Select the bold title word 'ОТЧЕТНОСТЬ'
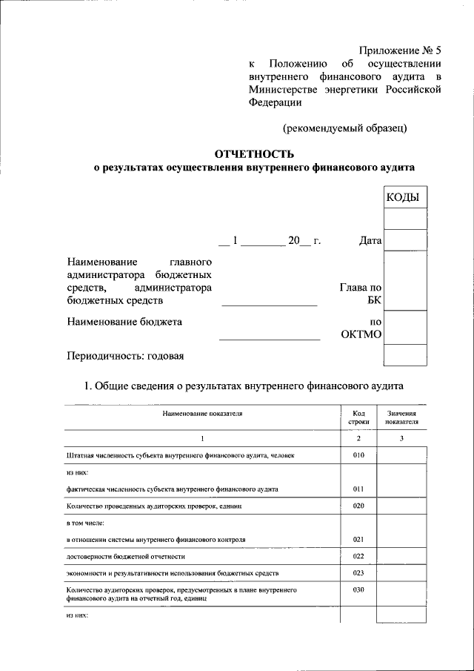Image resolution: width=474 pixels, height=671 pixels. click(254, 154)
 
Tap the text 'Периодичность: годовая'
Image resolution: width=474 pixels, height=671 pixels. click(125, 355)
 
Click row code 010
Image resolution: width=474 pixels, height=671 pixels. click(358, 455)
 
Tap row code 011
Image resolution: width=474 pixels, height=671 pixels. click(358, 489)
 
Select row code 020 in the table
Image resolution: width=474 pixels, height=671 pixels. click(358, 506)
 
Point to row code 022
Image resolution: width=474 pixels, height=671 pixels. click(358, 556)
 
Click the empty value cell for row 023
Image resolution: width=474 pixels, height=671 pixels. click(402, 573)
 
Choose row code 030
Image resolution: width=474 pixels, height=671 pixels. click(358, 590)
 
